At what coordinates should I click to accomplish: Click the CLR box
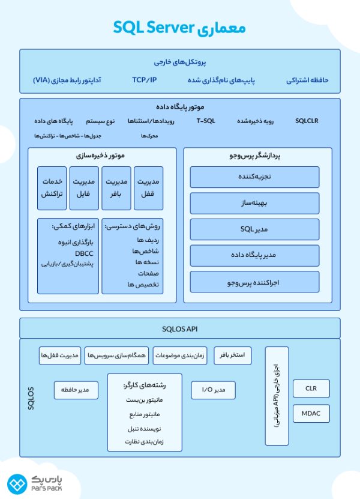[x=311, y=389]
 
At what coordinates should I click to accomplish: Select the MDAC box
[x=311, y=414]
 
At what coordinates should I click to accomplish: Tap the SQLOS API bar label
[x=180, y=328]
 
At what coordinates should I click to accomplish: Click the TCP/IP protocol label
[x=144, y=79]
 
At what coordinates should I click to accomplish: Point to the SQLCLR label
[x=307, y=121]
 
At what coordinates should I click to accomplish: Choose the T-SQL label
[x=206, y=121]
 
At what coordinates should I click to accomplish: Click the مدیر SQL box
[x=254, y=229]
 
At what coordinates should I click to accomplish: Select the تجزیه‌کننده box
[x=254, y=177]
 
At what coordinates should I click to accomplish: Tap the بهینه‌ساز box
[x=254, y=203]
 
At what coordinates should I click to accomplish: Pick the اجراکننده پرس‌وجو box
[x=254, y=281]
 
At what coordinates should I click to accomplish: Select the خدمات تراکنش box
[x=52, y=187]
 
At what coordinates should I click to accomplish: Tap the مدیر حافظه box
[x=76, y=390]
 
